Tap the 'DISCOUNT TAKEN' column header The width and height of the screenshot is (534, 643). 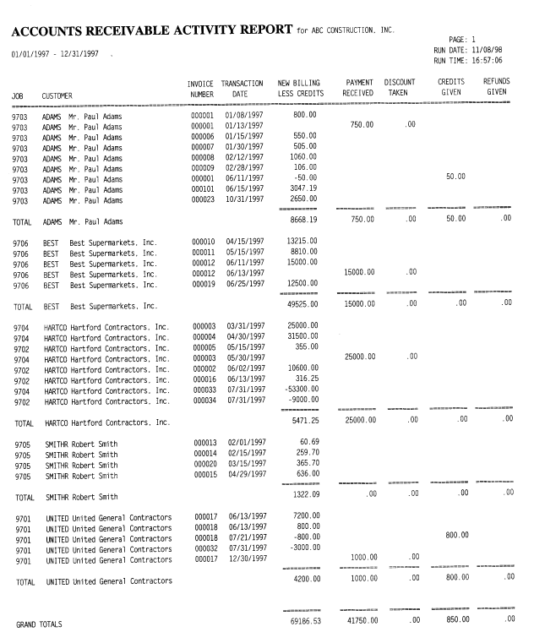(x=398, y=87)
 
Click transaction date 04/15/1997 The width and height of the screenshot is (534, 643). (x=242, y=241)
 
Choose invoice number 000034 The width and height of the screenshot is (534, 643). (x=204, y=401)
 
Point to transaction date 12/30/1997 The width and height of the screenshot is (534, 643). (x=242, y=559)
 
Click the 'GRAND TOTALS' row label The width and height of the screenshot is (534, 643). (x=40, y=624)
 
